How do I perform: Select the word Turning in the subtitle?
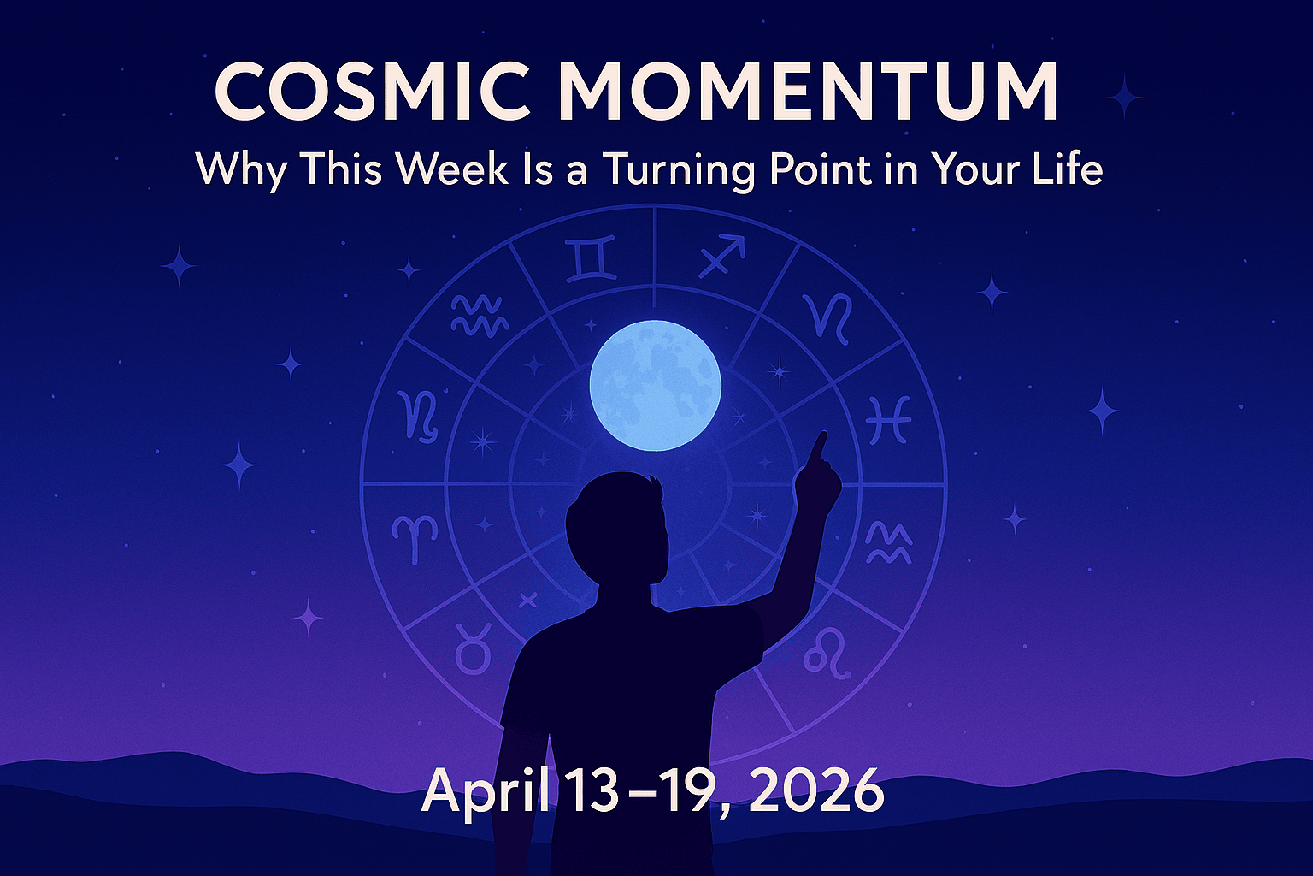(x=680, y=169)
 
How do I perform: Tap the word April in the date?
(x=485, y=791)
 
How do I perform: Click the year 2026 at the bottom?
(x=816, y=791)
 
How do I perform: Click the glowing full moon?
(x=655, y=386)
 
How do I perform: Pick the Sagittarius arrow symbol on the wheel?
(x=721, y=257)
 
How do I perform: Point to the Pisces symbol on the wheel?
(x=888, y=420)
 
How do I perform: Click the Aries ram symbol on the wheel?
(x=415, y=537)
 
